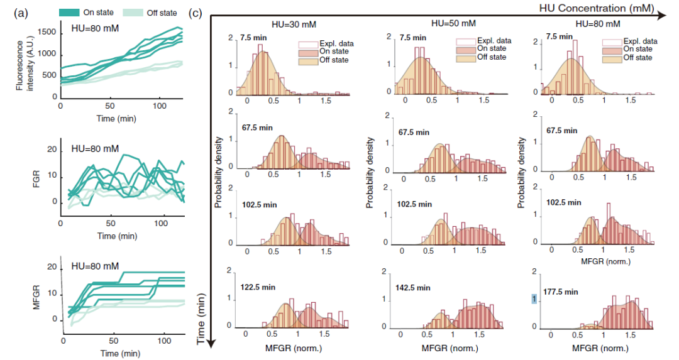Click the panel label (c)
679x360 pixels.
196,13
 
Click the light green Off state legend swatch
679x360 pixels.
135,12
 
